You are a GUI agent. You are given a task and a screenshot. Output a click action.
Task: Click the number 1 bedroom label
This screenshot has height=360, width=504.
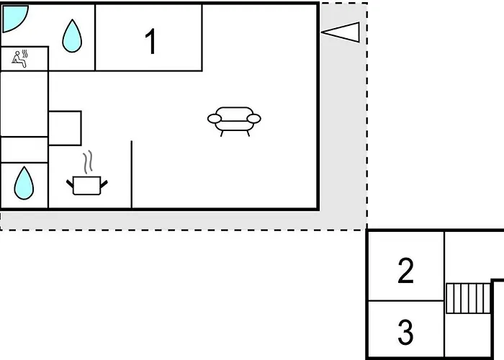(150, 42)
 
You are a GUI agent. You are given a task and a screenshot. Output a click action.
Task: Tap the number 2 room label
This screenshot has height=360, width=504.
(405, 270)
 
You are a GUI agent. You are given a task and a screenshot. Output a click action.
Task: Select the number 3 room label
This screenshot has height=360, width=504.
(405, 332)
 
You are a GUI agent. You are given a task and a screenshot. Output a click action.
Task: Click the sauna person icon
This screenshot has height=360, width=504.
(19, 60)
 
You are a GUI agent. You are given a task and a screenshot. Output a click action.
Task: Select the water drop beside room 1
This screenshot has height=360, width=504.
(72, 36)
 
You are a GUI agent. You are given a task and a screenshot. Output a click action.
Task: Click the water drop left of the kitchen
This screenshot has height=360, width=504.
(24, 183)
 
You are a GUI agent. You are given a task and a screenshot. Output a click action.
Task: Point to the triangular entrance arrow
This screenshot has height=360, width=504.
(341, 32)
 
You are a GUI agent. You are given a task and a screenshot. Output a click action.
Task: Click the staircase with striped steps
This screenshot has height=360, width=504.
(469, 298)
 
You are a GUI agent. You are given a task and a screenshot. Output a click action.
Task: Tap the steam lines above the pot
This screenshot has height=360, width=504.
(88, 162)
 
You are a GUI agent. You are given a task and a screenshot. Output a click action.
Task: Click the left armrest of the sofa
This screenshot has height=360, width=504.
(215, 119)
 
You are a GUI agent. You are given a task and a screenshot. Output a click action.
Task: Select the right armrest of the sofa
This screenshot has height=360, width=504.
(254, 119)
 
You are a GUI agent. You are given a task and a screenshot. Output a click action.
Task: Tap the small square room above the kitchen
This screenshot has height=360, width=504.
(65, 128)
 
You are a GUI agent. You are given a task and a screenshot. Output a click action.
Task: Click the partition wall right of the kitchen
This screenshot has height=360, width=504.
(132, 174)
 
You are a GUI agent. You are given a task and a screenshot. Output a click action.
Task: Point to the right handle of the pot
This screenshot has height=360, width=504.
(104, 184)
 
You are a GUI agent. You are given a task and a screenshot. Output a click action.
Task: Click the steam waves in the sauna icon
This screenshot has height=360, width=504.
(24, 54)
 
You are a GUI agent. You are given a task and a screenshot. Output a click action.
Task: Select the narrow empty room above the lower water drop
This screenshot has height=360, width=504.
(24, 150)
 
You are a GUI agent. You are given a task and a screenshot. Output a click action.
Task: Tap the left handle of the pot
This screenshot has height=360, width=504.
(70, 184)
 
